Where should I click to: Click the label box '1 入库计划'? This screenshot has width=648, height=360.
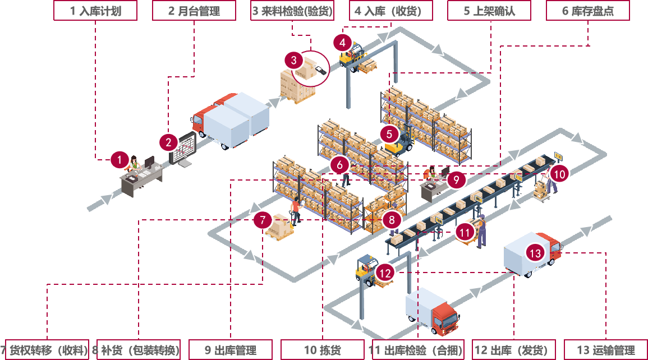[x=95, y=11]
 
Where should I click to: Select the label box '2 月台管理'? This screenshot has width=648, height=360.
[x=194, y=11]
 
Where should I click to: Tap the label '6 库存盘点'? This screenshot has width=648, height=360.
[x=587, y=11]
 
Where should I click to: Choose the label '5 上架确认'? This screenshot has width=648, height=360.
[x=489, y=11]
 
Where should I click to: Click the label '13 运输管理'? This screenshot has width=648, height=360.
[x=605, y=350]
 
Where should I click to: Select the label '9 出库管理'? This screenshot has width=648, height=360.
[x=230, y=350]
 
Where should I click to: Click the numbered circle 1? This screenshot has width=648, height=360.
[x=120, y=160]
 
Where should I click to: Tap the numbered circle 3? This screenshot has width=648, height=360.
[x=293, y=61]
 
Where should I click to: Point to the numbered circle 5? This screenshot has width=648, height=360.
[x=389, y=133]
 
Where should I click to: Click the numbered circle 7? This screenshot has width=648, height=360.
[x=263, y=220]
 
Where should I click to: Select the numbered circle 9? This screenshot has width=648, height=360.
[x=457, y=179]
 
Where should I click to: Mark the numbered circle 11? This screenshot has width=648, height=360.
[x=464, y=232]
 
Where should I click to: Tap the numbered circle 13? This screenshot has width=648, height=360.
[x=536, y=253]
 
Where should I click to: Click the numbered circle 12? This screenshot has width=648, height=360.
[x=385, y=273]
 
